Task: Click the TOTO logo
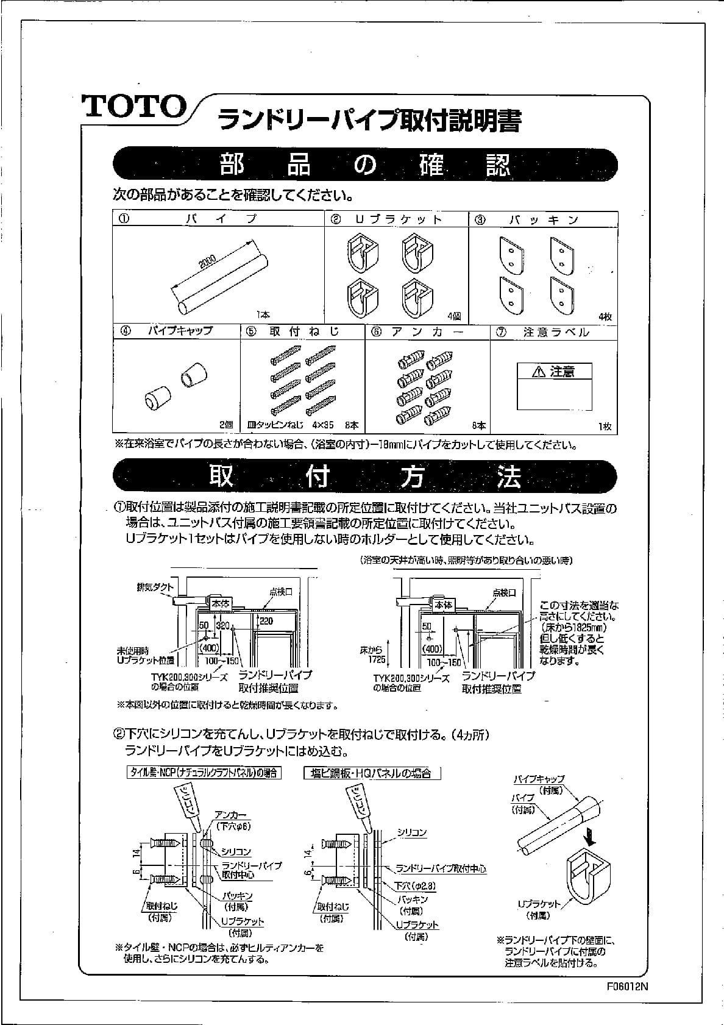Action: click(x=135, y=106)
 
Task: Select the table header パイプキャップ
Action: click(x=180, y=331)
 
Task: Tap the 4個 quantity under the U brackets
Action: click(x=454, y=316)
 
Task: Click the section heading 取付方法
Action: click(x=364, y=477)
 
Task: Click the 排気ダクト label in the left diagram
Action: click(x=155, y=588)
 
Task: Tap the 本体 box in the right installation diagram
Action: click(x=444, y=605)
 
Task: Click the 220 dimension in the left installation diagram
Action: click(x=266, y=622)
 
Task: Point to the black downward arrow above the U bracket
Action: click(x=589, y=834)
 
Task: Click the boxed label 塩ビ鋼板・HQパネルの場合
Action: click(x=372, y=773)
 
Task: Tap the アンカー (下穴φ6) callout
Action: click(x=231, y=820)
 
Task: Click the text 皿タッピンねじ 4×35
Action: click(x=290, y=425)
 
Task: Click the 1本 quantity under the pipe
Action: click(x=263, y=315)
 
